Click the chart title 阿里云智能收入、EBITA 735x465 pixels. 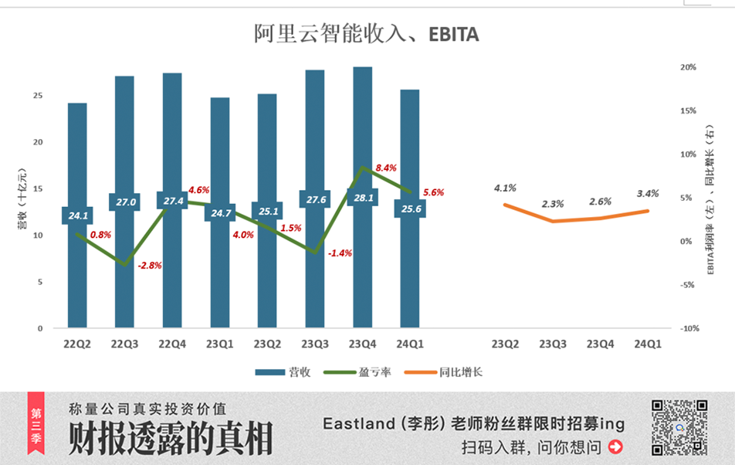(367, 34)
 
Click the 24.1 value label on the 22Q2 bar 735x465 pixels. (77, 216)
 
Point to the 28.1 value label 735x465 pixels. (363, 198)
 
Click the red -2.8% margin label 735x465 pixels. (150, 266)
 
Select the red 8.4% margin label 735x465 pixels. (385, 168)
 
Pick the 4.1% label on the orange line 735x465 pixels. (505, 188)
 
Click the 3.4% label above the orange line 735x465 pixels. (648, 193)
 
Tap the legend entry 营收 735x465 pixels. (283, 372)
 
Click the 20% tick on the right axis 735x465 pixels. (688, 67)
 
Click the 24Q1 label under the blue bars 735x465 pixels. (410, 344)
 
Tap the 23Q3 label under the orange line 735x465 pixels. (553, 344)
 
